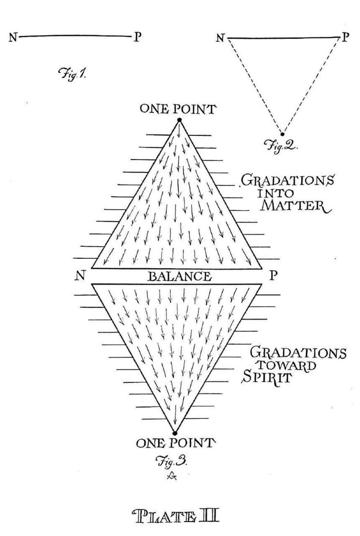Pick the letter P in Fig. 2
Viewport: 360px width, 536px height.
[344, 38]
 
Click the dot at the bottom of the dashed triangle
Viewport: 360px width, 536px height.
[283, 134]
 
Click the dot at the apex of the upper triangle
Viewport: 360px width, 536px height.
[179, 120]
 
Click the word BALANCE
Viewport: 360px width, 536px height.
[178, 276]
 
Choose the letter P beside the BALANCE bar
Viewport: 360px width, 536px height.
[273, 275]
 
